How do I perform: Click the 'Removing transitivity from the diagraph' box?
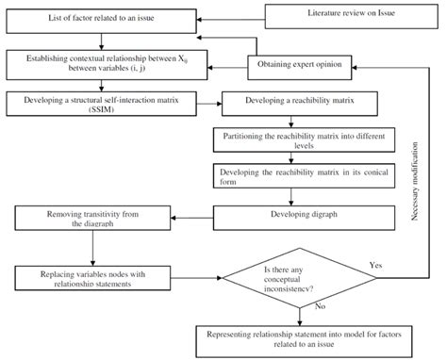click(92, 220)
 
